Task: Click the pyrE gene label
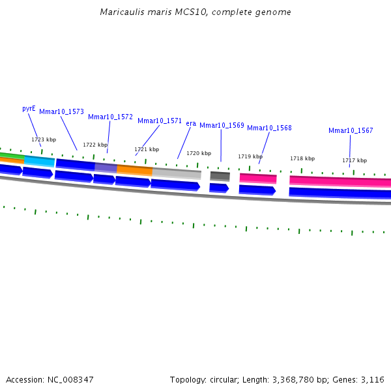pyautogui.click(x=29, y=109)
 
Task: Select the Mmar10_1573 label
pyautogui.click(x=61, y=112)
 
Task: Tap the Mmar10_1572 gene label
pyautogui.click(x=110, y=117)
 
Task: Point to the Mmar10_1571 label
pyautogui.click(x=160, y=121)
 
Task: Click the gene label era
pyautogui.click(x=191, y=124)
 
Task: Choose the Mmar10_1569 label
pyautogui.click(x=222, y=126)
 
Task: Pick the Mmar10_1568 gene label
pyautogui.click(x=269, y=128)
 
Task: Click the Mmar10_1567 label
pyautogui.click(x=351, y=131)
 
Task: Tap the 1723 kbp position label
pyautogui.click(x=44, y=139)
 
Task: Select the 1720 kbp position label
pyautogui.click(x=199, y=154)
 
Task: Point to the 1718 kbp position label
pyautogui.click(x=302, y=159)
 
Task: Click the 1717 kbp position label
pyautogui.click(x=355, y=160)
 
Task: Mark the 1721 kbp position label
pyautogui.click(x=147, y=150)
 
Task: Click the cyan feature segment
pyautogui.click(x=40, y=160)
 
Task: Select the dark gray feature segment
pyautogui.click(x=220, y=176)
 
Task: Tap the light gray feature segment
pyautogui.click(x=177, y=173)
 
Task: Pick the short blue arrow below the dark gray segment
pyautogui.click(x=219, y=188)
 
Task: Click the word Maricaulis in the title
pyautogui.click(x=121, y=12)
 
